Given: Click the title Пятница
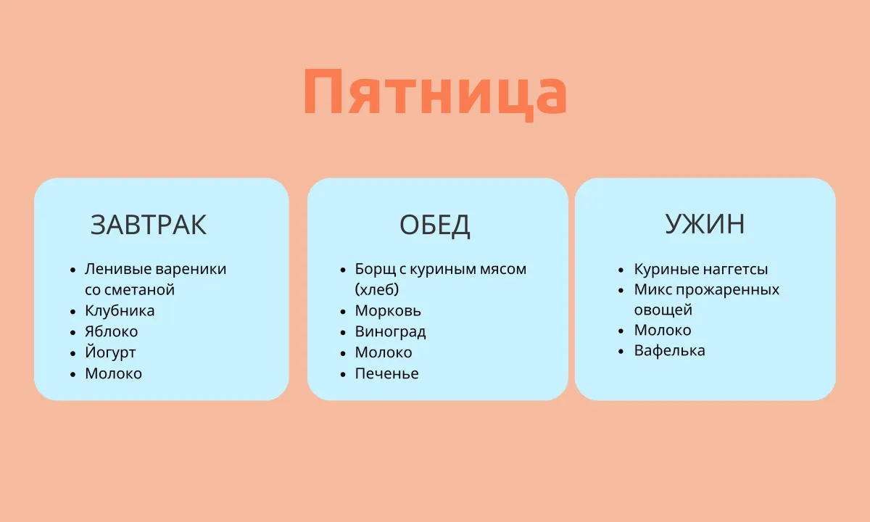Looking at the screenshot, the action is click(x=435, y=94).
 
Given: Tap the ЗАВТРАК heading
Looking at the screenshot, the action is click(x=149, y=225).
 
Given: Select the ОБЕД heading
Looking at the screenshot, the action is click(x=434, y=225).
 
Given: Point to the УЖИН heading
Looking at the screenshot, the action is click(x=705, y=224).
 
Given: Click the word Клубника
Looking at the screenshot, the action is click(x=120, y=311).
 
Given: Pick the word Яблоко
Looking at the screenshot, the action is click(x=112, y=332).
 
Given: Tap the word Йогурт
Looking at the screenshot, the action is click(x=110, y=352).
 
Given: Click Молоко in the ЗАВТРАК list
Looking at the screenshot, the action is click(x=113, y=373).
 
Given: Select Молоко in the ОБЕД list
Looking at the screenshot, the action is click(x=384, y=352).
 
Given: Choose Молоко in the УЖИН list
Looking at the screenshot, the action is click(x=663, y=330).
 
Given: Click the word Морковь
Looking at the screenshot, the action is click(x=388, y=311).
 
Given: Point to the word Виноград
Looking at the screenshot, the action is click(x=390, y=332).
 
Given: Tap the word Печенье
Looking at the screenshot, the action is click(x=387, y=373).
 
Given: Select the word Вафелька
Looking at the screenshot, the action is click(x=670, y=350).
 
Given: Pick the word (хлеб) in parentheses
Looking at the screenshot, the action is click(x=377, y=290).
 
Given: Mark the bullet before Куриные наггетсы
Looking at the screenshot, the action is click(x=621, y=270).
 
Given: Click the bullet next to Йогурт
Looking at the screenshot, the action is click(x=73, y=354).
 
